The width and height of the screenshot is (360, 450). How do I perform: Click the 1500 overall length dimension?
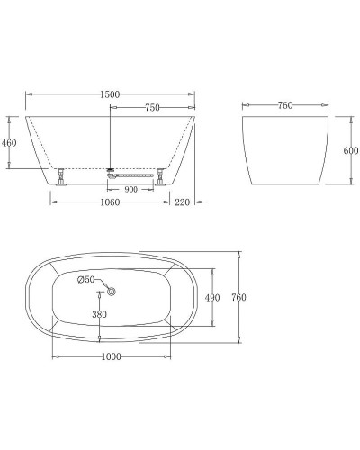(x=111, y=89)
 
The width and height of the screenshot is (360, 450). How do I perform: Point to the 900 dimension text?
(x=131, y=190)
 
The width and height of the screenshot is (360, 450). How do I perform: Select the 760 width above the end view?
(x=284, y=105)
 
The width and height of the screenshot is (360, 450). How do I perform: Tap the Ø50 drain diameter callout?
(x=87, y=280)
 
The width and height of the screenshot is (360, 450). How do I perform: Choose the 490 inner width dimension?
(x=212, y=298)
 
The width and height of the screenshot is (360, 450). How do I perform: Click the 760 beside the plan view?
(x=238, y=298)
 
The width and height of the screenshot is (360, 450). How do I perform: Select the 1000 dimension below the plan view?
(x=111, y=357)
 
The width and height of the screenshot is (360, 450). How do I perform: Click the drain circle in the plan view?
(x=112, y=290)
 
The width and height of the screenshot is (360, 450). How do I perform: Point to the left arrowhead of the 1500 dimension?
(x=28, y=94)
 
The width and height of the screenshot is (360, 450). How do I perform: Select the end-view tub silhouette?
(x=283, y=148)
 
